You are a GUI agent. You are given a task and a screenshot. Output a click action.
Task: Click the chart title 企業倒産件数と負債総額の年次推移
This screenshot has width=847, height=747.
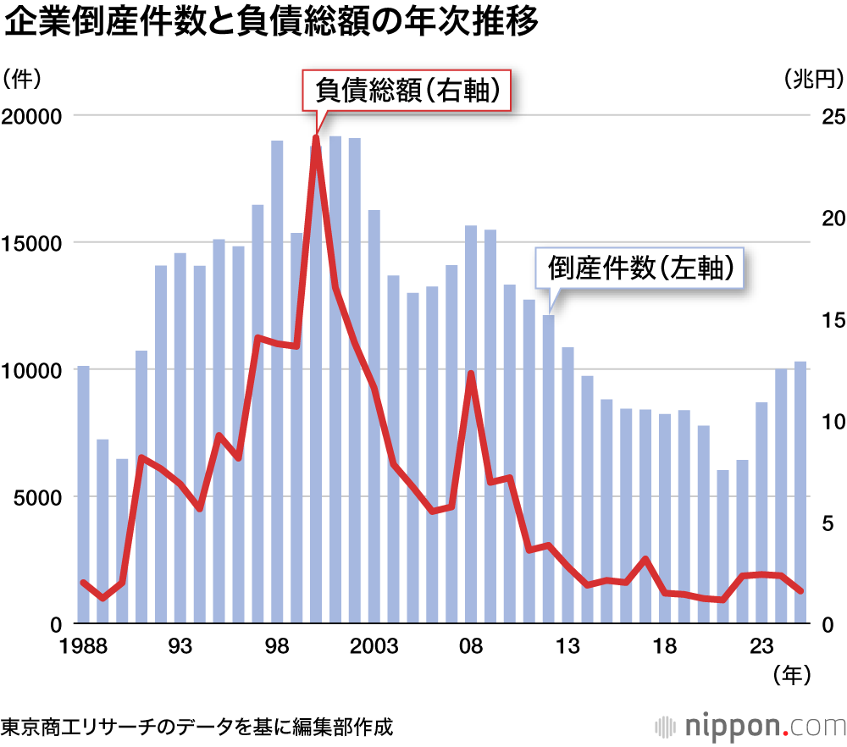tap(271, 23)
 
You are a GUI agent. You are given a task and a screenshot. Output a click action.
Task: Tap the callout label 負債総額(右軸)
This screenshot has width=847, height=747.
tap(407, 90)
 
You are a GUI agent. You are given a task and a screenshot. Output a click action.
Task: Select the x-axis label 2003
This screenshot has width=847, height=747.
tap(374, 647)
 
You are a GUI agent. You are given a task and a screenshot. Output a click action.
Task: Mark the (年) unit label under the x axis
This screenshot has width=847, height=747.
tap(793, 675)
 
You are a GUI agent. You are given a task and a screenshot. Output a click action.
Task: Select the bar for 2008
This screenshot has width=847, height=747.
tap(471, 424)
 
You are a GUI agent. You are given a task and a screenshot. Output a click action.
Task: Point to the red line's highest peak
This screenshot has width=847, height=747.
tap(316, 136)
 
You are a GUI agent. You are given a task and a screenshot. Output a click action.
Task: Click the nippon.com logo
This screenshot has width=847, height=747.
tap(750, 726)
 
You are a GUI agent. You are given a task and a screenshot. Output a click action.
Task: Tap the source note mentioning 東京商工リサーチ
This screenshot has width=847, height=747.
tap(197, 727)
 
